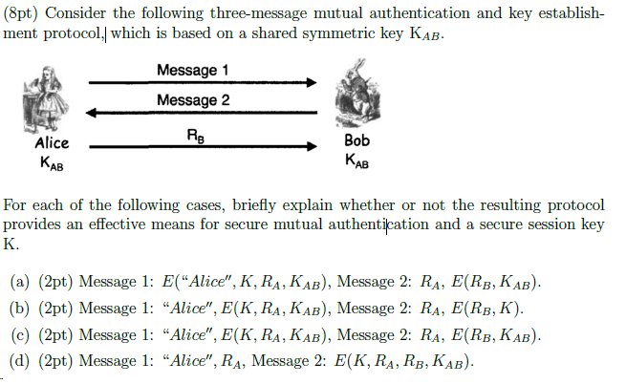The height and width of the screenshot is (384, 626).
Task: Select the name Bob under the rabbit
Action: [355, 139]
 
